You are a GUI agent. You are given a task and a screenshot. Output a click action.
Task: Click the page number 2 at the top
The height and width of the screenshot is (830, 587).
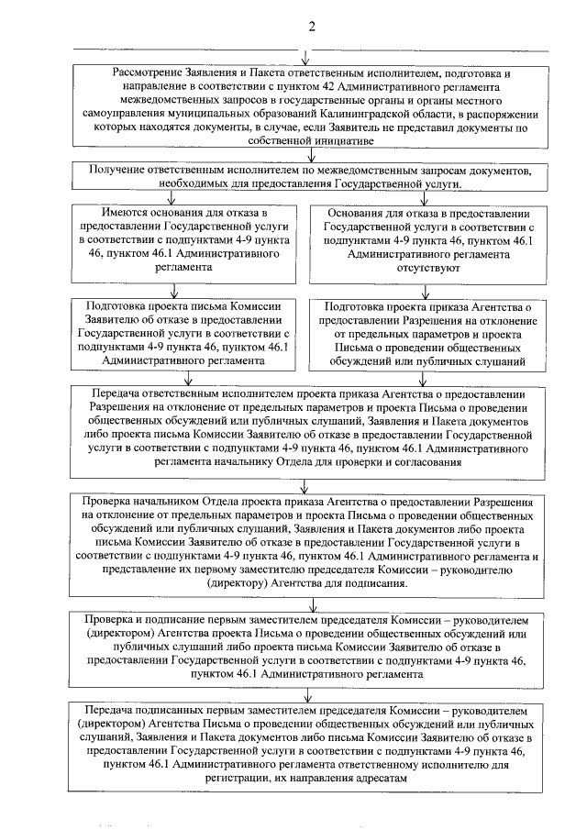click(310, 25)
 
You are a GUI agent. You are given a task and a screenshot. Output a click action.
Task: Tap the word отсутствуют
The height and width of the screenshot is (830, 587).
click(423, 271)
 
